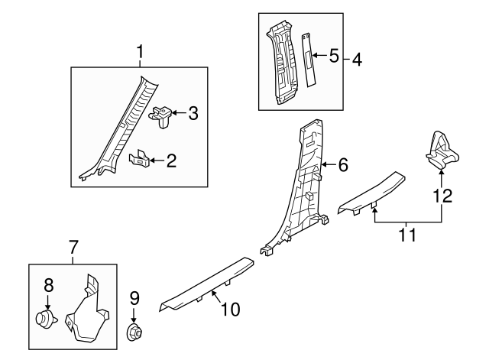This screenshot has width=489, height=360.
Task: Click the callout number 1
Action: (140, 52)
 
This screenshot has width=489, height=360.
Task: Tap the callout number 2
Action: (171, 161)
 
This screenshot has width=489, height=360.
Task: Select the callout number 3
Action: (193, 115)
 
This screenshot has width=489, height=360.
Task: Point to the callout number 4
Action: (356, 58)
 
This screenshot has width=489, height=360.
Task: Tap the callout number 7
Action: (73, 247)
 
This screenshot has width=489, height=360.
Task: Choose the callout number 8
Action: (48, 286)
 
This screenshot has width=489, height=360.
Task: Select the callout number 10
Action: (230, 310)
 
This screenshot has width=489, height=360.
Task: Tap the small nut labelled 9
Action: (135, 332)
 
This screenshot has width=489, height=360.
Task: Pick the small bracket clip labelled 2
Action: (140, 159)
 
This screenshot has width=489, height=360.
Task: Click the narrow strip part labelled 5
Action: (311, 57)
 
